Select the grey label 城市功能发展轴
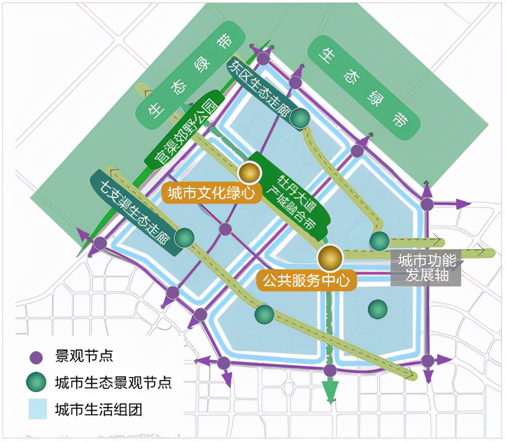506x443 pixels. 427,268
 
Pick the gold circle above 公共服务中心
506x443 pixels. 329,258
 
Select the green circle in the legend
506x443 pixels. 37,383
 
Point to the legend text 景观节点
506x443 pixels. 83,357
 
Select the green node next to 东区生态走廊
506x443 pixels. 299,119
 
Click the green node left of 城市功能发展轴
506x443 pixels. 379,241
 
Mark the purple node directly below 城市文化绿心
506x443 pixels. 225,229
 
